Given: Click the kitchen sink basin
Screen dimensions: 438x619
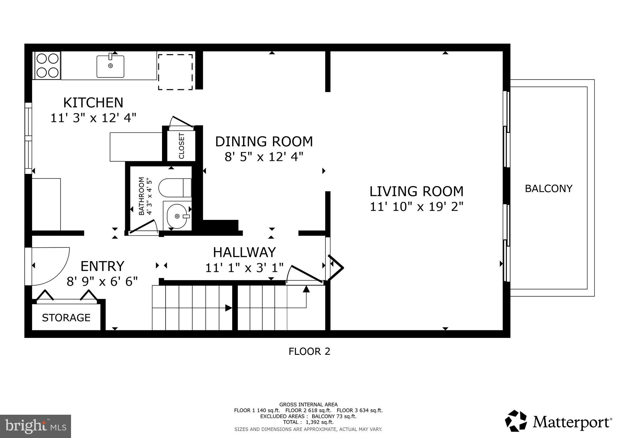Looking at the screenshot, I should point(110,66).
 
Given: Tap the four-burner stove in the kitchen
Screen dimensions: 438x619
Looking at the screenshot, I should point(48,65).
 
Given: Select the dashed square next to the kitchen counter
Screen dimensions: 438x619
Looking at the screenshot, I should point(176,72).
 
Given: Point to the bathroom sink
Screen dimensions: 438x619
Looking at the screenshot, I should point(177,216).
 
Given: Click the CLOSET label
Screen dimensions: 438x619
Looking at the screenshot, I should point(182,146).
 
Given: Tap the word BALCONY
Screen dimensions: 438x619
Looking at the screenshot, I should point(549,188).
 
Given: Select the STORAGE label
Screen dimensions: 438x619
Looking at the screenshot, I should point(66,318).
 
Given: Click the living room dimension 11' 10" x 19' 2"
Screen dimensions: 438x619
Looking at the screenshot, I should point(416,207).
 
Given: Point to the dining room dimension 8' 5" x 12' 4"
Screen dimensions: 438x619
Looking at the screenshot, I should point(264,157).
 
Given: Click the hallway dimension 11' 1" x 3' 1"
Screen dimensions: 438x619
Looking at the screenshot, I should point(244,268).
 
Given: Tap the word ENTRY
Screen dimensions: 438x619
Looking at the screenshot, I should point(102,266).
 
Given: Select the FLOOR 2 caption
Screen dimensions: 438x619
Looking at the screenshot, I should point(309,351).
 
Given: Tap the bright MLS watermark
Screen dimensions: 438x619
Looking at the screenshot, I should point(36,426).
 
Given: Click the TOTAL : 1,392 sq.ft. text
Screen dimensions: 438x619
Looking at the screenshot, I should point(308,422).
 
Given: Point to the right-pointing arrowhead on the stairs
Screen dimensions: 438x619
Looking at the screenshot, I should point(229,308).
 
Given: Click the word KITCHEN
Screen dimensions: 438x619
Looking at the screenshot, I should point(93,103).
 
